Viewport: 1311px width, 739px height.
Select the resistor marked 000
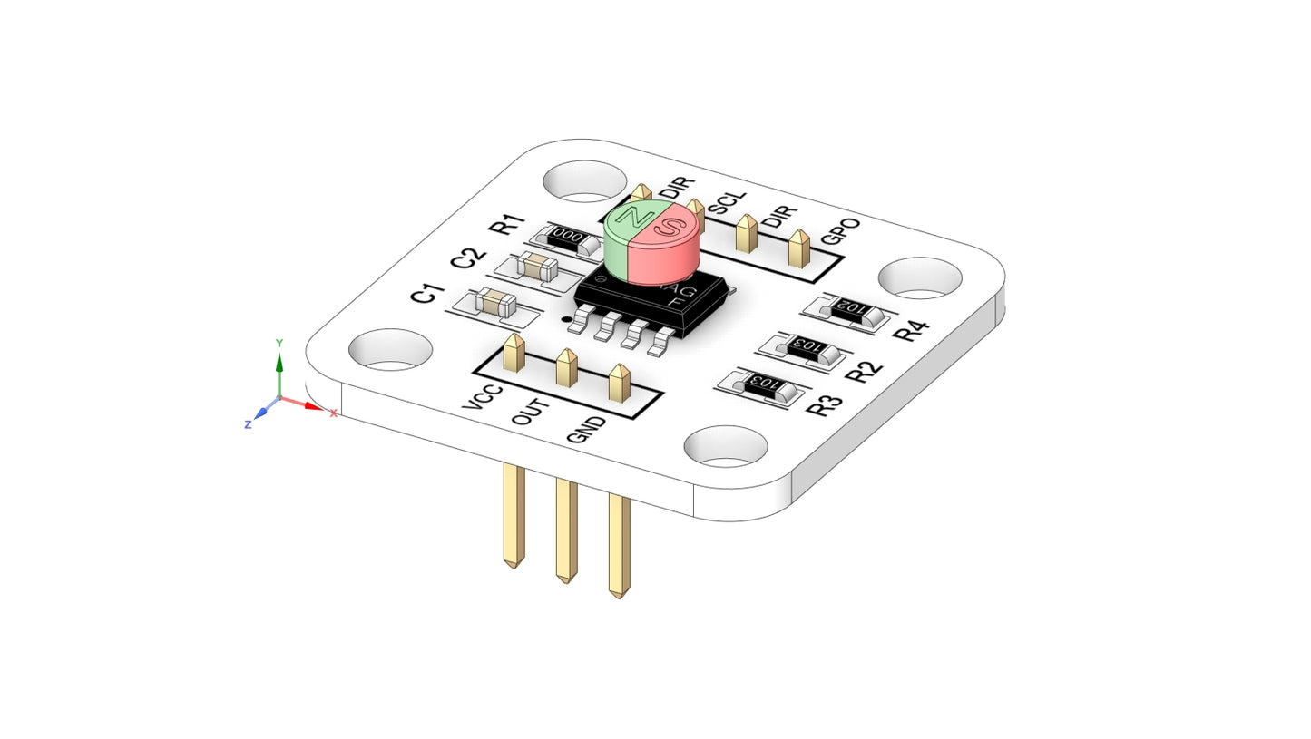tap(568, 237)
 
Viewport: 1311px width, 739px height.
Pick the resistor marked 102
tap(852, 309)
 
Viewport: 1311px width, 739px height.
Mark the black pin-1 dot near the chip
tap(568, 318)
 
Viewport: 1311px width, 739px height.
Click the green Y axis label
tap(279, 344)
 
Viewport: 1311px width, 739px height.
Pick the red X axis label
tap(333, 413)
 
